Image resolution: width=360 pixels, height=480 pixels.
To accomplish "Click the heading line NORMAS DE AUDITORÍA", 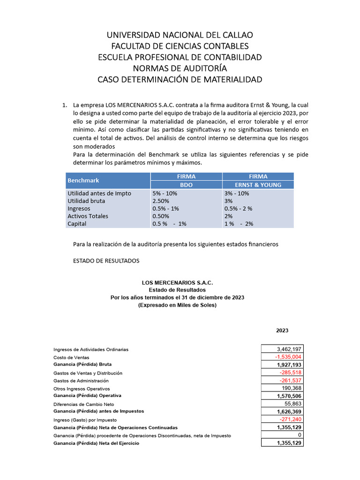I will pos(180,68).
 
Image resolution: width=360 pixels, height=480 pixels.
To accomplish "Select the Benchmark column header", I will pos(83,180).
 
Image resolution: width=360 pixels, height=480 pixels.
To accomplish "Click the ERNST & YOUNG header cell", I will pos(258,185).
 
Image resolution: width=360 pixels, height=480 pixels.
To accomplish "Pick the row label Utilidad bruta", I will pos(86,201).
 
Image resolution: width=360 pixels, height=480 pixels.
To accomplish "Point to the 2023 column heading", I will pos(282,330).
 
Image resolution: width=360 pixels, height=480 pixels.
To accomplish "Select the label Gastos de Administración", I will pos(81,381).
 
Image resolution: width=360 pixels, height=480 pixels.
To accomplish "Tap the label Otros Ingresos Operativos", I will pos(82,389).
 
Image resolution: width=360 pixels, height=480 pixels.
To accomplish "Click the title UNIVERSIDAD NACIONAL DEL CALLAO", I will pos(180,35).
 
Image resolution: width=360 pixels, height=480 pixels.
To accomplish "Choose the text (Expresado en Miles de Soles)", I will pos(177,305).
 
